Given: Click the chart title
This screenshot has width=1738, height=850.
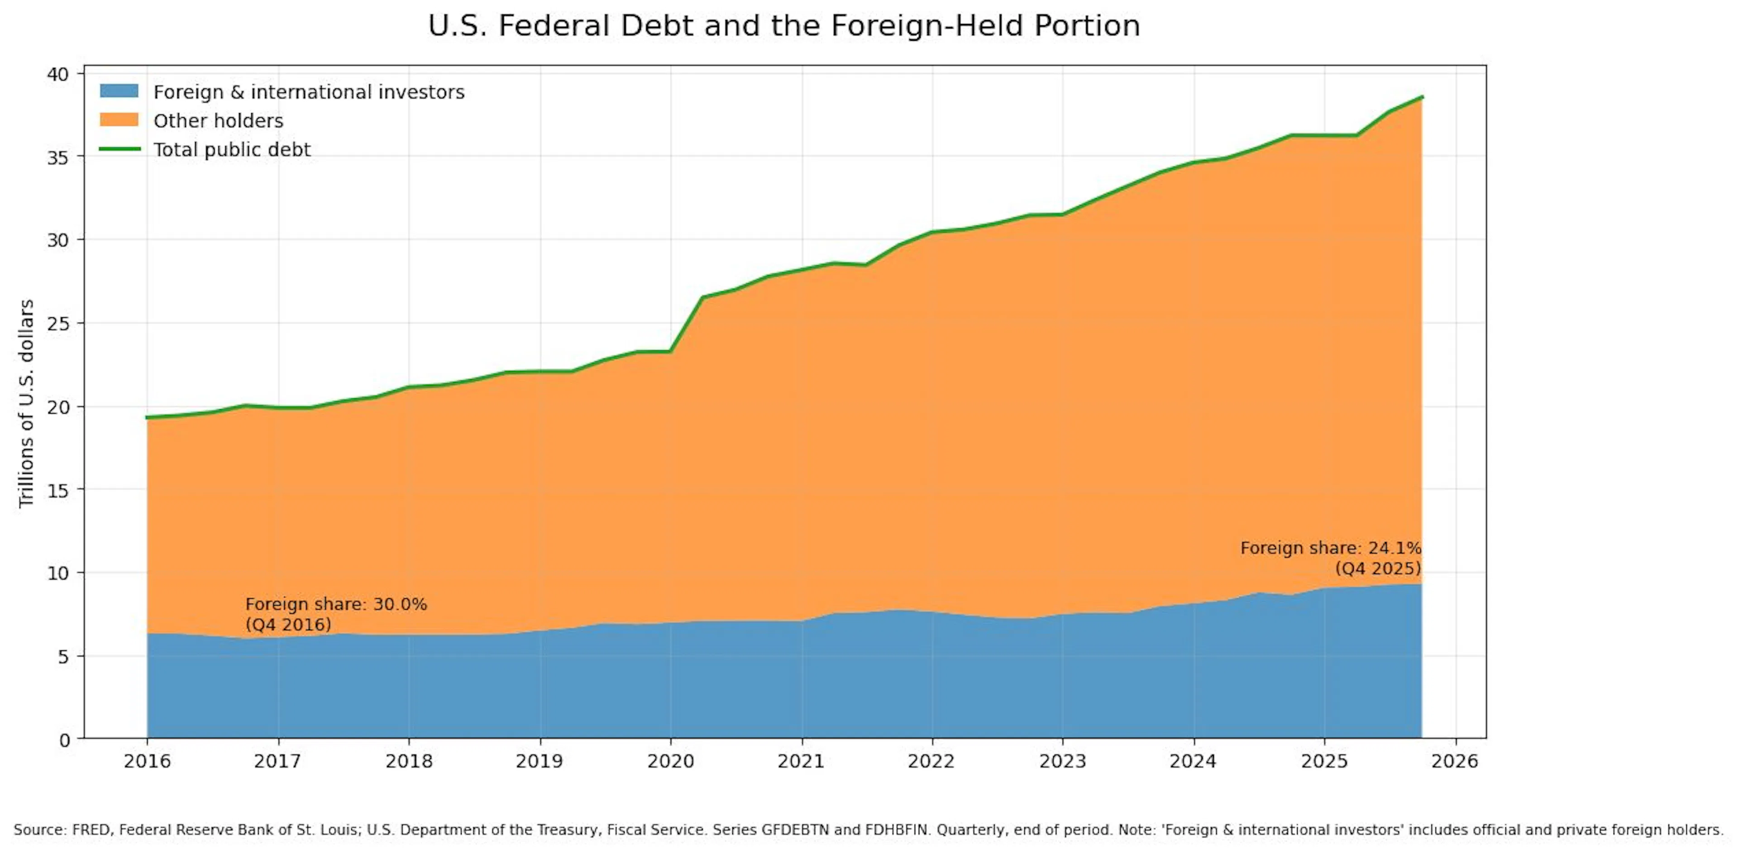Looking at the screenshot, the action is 784,26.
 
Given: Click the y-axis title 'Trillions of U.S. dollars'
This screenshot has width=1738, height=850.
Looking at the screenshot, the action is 26,403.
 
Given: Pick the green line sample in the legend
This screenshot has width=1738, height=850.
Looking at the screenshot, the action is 119,149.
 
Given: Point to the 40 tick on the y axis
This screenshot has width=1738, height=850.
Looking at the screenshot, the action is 59,73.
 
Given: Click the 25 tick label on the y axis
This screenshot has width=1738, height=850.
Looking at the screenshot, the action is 59,323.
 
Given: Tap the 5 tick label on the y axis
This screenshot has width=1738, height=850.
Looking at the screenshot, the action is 64,656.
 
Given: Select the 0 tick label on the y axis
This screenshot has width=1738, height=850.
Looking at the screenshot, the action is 64,740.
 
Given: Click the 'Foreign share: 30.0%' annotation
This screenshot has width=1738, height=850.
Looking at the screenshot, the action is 336,604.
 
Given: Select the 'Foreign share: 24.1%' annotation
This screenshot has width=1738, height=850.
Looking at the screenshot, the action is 1331,549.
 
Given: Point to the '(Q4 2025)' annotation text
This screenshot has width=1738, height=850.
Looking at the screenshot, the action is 1378,568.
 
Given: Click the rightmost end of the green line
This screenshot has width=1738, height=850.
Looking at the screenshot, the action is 1422,96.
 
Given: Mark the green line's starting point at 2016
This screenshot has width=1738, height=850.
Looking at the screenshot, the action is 147,418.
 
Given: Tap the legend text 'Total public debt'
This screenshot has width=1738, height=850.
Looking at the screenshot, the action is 232,150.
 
